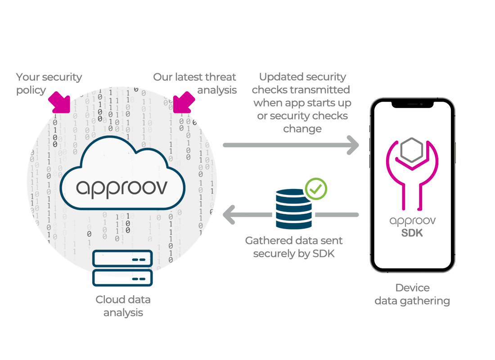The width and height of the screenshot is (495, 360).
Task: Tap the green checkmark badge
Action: pos(316,189)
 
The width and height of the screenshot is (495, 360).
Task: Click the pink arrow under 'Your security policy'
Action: pos(59,102)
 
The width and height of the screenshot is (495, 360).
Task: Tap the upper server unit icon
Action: pos(122,259)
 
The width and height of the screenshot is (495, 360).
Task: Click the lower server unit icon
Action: pos(122,278)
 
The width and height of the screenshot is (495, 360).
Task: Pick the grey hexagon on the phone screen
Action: pos(412,151)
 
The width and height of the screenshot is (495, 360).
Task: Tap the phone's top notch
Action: pos(412,104)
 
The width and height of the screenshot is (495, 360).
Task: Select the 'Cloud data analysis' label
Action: pos(123,306)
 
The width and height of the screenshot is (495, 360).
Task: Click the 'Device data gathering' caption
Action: pos(412,294)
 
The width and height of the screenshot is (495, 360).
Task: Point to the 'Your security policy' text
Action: pos(49,83)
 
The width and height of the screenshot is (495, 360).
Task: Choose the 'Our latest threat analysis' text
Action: pos(195,83)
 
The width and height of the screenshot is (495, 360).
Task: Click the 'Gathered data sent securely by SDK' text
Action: pos(294,247)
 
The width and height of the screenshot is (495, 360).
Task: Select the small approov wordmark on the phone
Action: pos(412,221)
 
